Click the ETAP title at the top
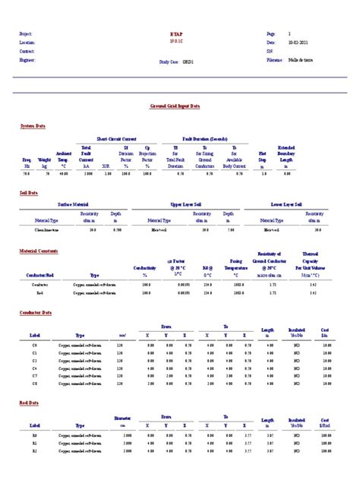coord(178,35)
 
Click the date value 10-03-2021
coord(298,43)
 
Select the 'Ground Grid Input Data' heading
coord(175,107)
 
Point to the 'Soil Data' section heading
coord(29,193)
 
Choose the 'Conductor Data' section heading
coord(36,312)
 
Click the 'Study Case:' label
coord(169,63)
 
